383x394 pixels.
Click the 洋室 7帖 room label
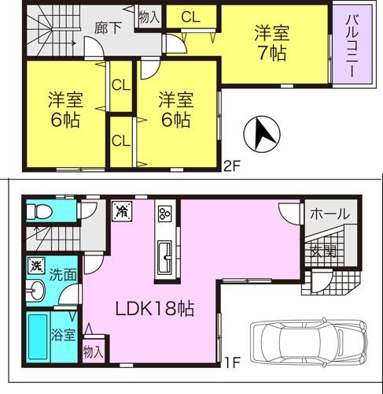pos(270,45)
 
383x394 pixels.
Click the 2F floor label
pos(231,166)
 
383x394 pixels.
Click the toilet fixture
pos(39,212)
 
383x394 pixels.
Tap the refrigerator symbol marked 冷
pos(123,210)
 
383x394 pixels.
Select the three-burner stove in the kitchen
pos(165,214)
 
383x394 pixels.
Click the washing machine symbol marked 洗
pos(35,266)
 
